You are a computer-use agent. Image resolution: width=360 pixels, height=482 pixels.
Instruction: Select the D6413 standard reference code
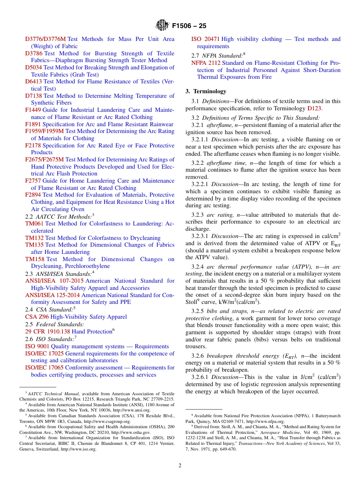[x=33, y=81]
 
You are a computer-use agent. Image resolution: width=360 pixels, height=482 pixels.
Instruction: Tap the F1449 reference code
[x=33, y=110]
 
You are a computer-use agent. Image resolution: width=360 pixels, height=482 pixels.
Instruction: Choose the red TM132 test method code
[x=34, y=238]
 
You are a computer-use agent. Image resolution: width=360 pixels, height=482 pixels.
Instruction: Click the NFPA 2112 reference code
[x=206, y=63]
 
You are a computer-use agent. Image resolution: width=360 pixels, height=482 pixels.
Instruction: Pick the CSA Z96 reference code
[x=37, y=317]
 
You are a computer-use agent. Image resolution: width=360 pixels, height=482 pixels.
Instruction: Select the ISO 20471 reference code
[x=205, y=39]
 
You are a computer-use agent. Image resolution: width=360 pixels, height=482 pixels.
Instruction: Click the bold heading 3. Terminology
[x=206, y=91]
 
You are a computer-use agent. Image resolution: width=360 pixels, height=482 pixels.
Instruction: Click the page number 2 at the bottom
[x=180, y=465]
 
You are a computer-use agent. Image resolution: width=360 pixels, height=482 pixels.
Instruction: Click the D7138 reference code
[x=33, y=96]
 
